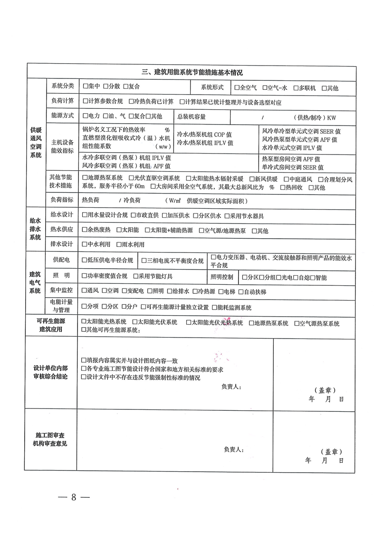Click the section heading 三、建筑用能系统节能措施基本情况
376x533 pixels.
tap(193, 72)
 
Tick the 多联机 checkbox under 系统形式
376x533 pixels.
tap(296, 88)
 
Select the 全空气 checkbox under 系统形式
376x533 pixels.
tap(237, 88)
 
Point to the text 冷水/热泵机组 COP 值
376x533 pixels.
tap(204, 135)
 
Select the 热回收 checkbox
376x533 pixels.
tap(283, 187)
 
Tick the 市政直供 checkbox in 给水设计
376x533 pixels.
tap(133, 216)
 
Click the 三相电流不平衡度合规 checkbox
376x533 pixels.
tap(144, 261)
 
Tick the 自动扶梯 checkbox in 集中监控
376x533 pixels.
tap(241, 291)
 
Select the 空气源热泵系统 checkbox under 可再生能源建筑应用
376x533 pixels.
tap(296, 323)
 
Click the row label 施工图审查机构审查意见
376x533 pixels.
tap(51, 439)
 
